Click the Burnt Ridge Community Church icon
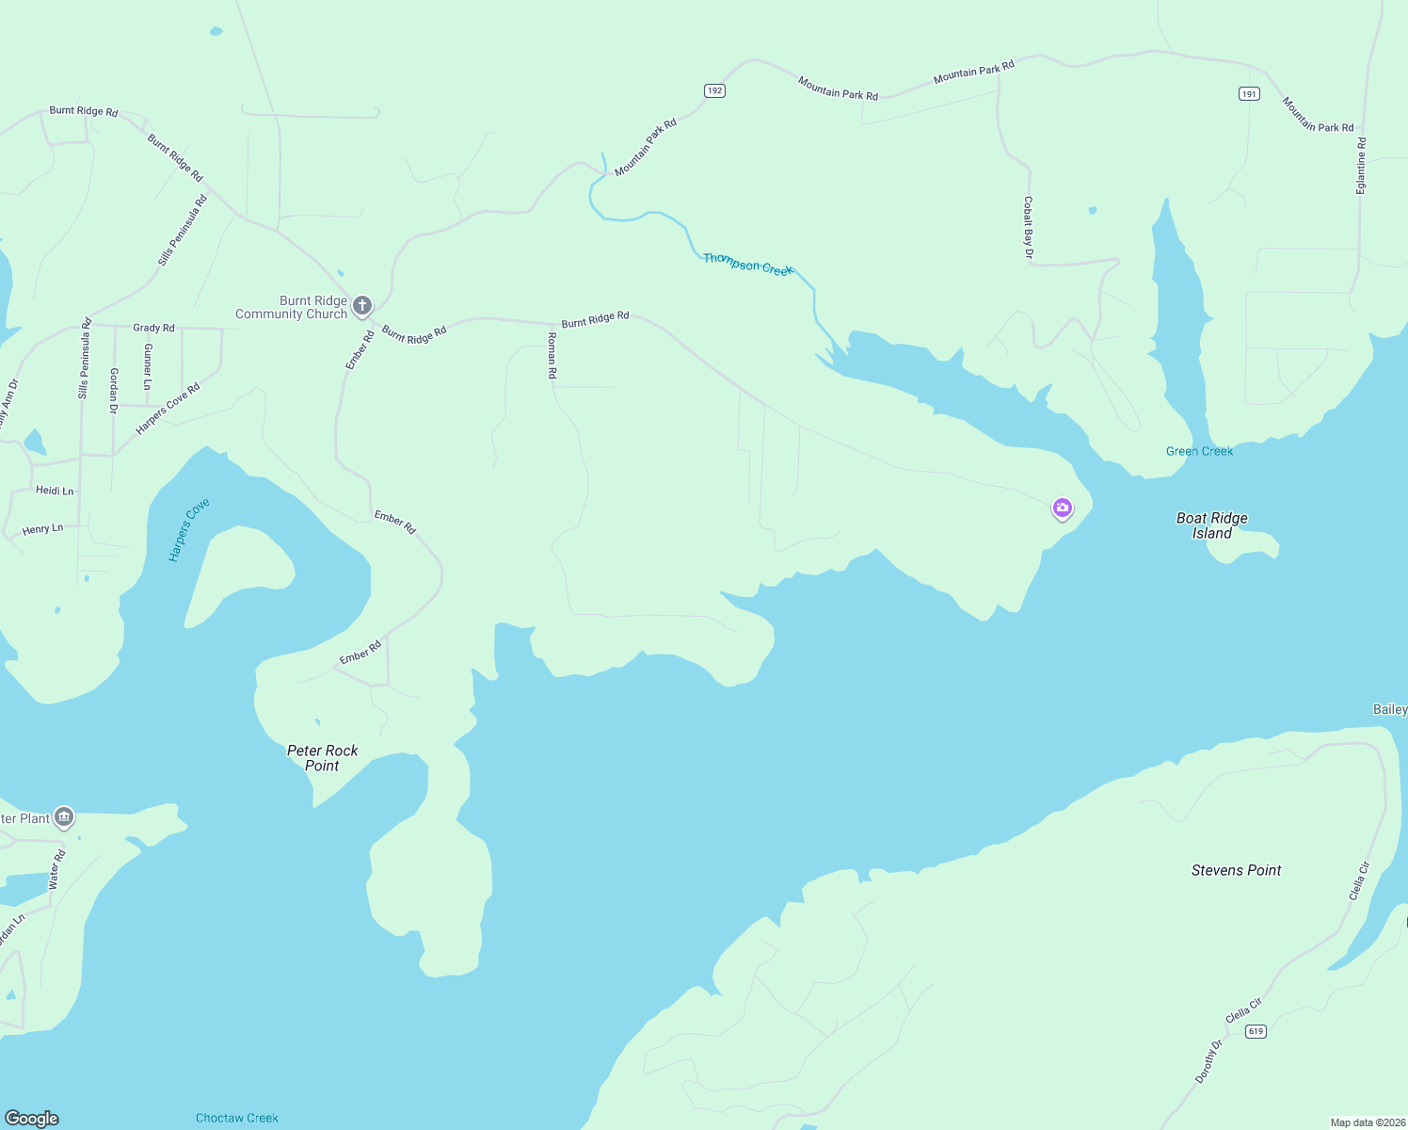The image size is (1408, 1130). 362,305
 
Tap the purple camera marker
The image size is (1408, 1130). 1062,508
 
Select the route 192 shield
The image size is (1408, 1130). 714,90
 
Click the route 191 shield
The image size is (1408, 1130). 1248,93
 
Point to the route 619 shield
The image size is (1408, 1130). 1256,1031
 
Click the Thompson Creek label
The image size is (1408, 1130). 748,264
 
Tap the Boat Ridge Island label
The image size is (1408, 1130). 1212,525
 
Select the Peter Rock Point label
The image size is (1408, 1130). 322,758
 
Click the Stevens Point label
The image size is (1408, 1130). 1236,870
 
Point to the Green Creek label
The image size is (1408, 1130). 1199,451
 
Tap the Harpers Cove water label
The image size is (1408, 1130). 188,530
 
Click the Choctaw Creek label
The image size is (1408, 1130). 237,1118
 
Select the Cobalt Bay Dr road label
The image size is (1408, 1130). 1028,227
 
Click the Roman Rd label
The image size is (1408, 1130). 552,354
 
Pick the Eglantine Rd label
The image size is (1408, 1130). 1361,166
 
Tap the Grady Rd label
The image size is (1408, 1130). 153,328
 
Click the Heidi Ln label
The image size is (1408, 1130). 55,491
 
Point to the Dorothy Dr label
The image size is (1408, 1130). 1208,1061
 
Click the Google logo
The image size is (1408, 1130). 32,1118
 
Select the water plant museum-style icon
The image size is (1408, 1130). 64,816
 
